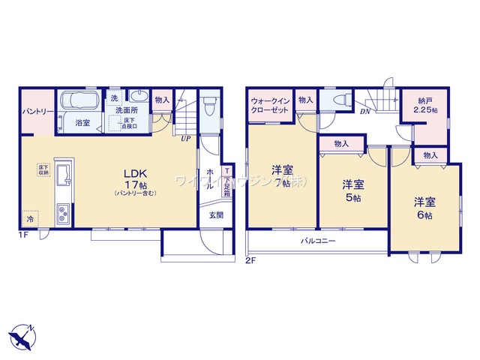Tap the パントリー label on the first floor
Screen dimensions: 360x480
[35, 112]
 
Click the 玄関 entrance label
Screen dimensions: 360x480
[214, 216]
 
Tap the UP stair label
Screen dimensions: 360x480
[184, 138]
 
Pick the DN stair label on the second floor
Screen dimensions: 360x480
[364, 112]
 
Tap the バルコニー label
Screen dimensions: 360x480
[319, 241]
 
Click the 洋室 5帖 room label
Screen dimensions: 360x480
[353, 190]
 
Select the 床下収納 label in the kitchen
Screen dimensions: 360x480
[42, 169]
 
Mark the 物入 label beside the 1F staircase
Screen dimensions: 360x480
[162, 100]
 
